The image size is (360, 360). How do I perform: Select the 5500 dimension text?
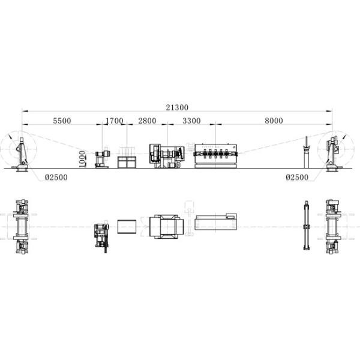(62, 121)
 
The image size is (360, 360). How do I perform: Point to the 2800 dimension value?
(147, 121)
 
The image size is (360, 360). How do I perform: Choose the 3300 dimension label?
(191, 121)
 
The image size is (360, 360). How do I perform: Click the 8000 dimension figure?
(273, 121)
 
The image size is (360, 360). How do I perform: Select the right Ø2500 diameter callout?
(297, 178)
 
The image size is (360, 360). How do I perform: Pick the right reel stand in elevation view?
(331, 154)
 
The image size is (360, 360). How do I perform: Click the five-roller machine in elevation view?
(217, 154)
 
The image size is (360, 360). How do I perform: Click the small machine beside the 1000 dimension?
(102, 158)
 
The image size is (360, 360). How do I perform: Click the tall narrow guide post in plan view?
(307, 226)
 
